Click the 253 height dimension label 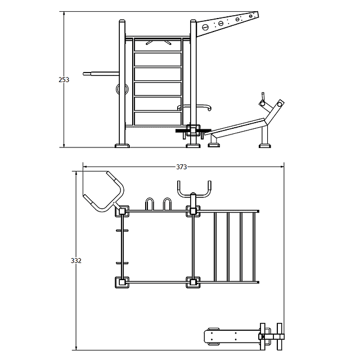coord(64,80)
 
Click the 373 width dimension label coord(181,167)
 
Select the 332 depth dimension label coord(76,260)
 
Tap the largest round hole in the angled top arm coord(205,28)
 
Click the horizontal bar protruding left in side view coord(101,74)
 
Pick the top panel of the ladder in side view coord(157,45)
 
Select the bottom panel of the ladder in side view coord(157,119)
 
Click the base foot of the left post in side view coord(122,146)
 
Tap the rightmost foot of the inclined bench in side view coord(265,146)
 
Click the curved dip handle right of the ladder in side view coord(194,107)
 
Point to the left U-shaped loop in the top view coord(150,204)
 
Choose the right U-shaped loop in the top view coord(168,204)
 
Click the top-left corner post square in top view coord(122,211)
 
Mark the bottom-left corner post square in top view coord(122,282)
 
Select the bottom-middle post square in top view coord(193,282)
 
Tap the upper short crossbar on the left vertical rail coord(122,231)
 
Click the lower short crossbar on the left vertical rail coord(122,263)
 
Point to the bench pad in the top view coord(232,336)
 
